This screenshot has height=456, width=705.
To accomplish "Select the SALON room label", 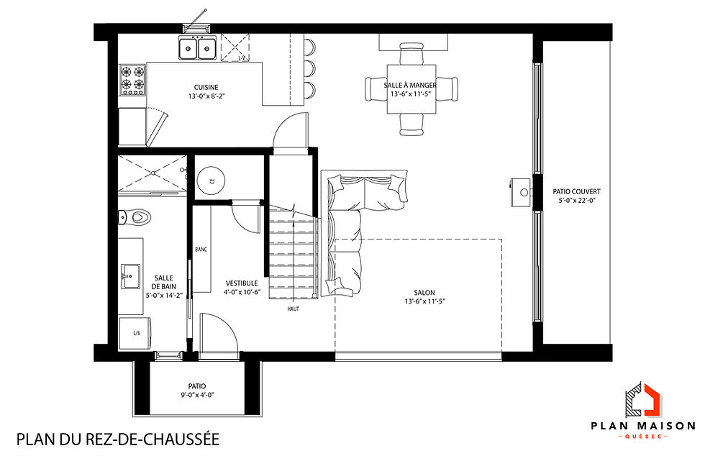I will point(424,293).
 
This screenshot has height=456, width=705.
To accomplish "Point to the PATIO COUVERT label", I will point(576,192).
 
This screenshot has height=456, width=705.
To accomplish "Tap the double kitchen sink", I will point(197,48).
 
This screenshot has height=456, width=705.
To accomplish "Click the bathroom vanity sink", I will point(131,275).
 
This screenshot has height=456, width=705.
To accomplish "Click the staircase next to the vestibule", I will point(293,255).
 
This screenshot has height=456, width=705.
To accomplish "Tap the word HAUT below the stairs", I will point(293,309).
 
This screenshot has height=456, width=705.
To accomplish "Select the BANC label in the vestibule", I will point(201,250).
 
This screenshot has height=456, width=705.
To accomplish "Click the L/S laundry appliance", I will point(135,333).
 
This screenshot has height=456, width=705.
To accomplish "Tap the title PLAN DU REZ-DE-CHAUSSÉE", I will point(117,438).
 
